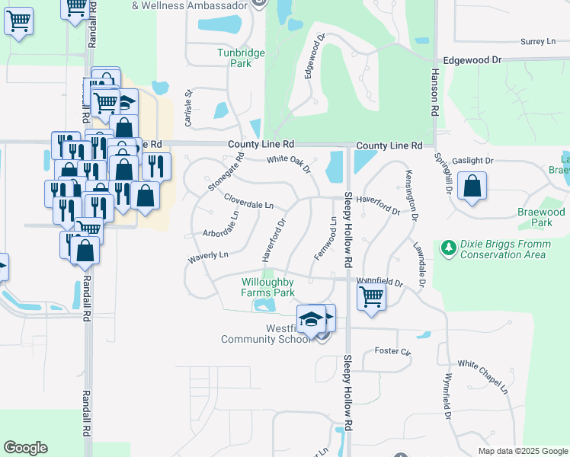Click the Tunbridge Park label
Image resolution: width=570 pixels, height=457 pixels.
[234, 58]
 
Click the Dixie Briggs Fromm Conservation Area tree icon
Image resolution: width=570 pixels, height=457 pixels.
[449, 246]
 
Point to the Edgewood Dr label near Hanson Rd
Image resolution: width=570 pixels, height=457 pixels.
[473, 59]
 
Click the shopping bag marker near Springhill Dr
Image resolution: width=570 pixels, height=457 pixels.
[472, 187]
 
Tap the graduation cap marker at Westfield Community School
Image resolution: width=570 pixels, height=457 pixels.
[311, 319]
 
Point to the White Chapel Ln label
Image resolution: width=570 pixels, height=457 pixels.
[482, 376]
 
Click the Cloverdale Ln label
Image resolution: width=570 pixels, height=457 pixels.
[249, 201]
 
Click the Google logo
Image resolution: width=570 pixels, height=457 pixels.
[25, 448]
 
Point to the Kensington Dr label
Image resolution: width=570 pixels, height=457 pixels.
[411, 195]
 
